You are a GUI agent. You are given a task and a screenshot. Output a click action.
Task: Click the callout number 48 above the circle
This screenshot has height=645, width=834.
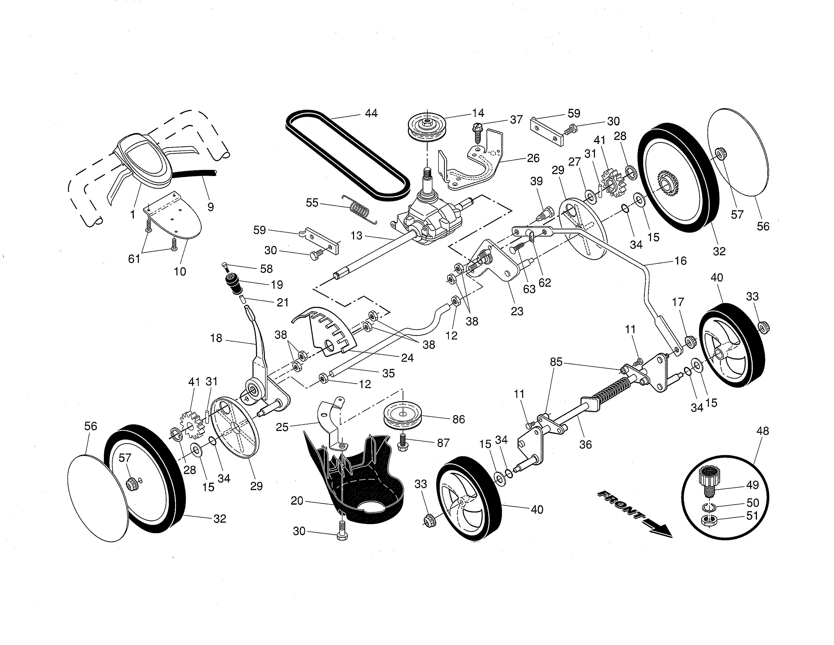tap(762, 431)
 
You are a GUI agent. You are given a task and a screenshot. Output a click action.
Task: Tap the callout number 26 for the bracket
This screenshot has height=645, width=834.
tap(533, 158)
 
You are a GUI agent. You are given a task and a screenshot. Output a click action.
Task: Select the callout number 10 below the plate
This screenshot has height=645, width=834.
tap(180, 272)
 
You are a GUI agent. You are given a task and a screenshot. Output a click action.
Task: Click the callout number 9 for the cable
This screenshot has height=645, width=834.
tap(211, 207)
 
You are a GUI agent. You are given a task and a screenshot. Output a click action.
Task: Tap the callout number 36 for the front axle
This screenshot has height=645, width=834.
tap(585, 444)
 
